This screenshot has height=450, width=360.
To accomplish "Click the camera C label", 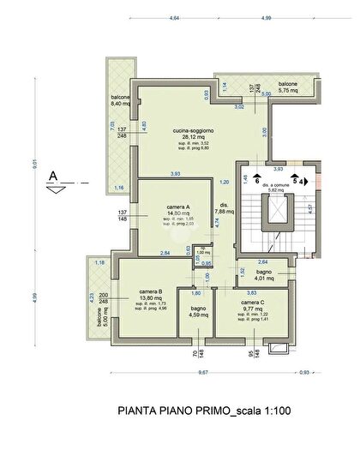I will [251, 303].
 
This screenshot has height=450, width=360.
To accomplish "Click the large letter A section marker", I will [54, 177].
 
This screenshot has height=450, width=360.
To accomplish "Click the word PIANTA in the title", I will [135, 411].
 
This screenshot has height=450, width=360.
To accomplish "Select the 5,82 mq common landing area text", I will [276, 190].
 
